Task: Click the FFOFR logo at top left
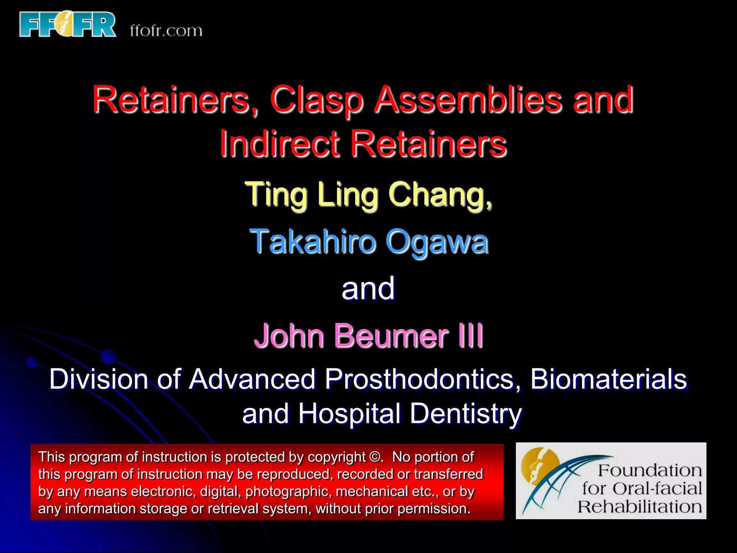[x=68, y=24]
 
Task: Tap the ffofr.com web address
[x=166, y=31]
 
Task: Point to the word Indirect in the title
[x=280, y=144]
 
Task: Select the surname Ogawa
[x=437, y=242]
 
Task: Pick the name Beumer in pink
[x=392, y=336]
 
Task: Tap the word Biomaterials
[x=608, y=379]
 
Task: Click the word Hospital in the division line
[x=349, y=414]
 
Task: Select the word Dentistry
[x=466, y=414]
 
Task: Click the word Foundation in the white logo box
[x=650, y=470]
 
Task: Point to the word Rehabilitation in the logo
[x=640, y=507]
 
